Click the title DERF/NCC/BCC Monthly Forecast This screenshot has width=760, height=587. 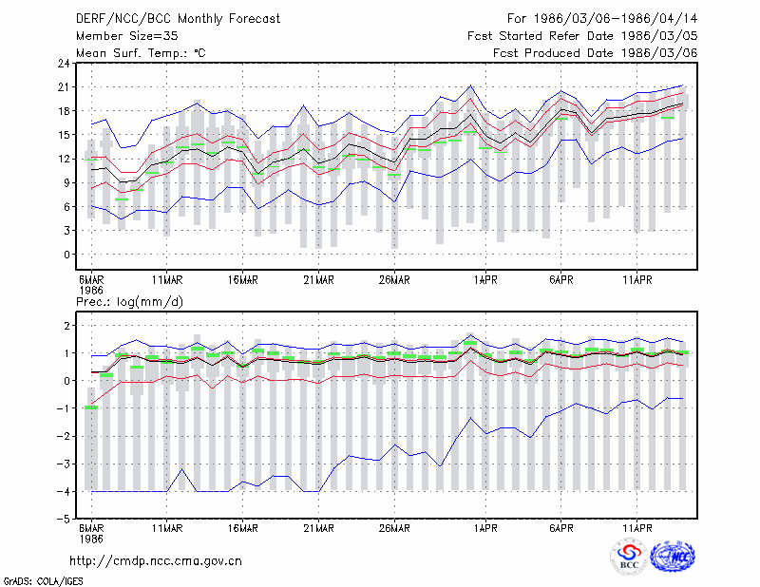coord(178,19)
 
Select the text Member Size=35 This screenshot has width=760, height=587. coord(127,36)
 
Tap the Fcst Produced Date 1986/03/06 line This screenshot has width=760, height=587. coord(596,53)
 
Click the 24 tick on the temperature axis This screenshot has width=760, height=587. coord(64,64)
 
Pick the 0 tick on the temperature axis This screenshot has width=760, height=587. coord(66,255)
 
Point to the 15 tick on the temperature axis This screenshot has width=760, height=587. coord(64,135)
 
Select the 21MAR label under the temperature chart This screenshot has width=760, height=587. coord(318,280)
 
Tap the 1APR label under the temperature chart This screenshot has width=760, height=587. coord(485,280)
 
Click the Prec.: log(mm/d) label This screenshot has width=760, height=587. coord(129,302)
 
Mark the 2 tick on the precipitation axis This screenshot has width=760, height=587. coord(66,325)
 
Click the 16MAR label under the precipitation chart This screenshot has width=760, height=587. coord(242,528)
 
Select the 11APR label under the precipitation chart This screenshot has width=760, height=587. coord(637,528)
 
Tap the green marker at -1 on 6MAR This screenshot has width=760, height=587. coord(91,407)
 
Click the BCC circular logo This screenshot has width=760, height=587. coord(629,557)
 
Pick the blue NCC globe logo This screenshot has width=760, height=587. coord(673,557)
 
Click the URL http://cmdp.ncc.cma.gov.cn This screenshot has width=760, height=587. coord(156,561)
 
